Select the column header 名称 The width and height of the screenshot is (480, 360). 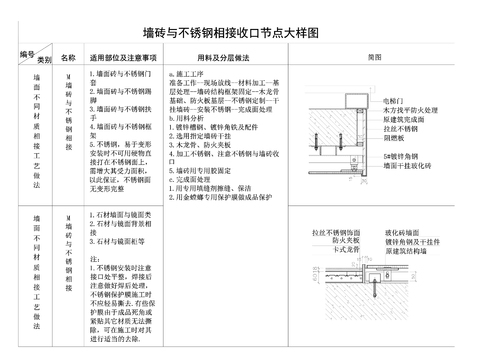point(68,58)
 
